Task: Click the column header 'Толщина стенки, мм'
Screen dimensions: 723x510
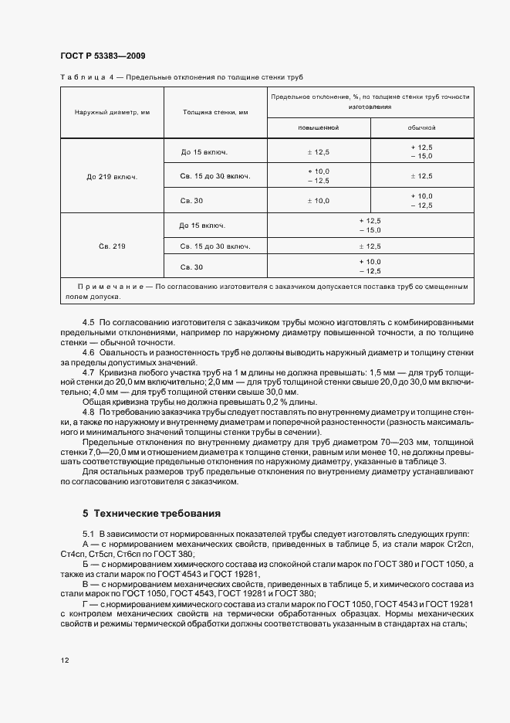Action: pos(215,113)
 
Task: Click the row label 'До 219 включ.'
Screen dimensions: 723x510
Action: pos(112,176)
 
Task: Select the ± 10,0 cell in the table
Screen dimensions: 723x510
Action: pos(318,201)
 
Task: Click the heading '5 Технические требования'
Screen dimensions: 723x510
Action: pos(151,513)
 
